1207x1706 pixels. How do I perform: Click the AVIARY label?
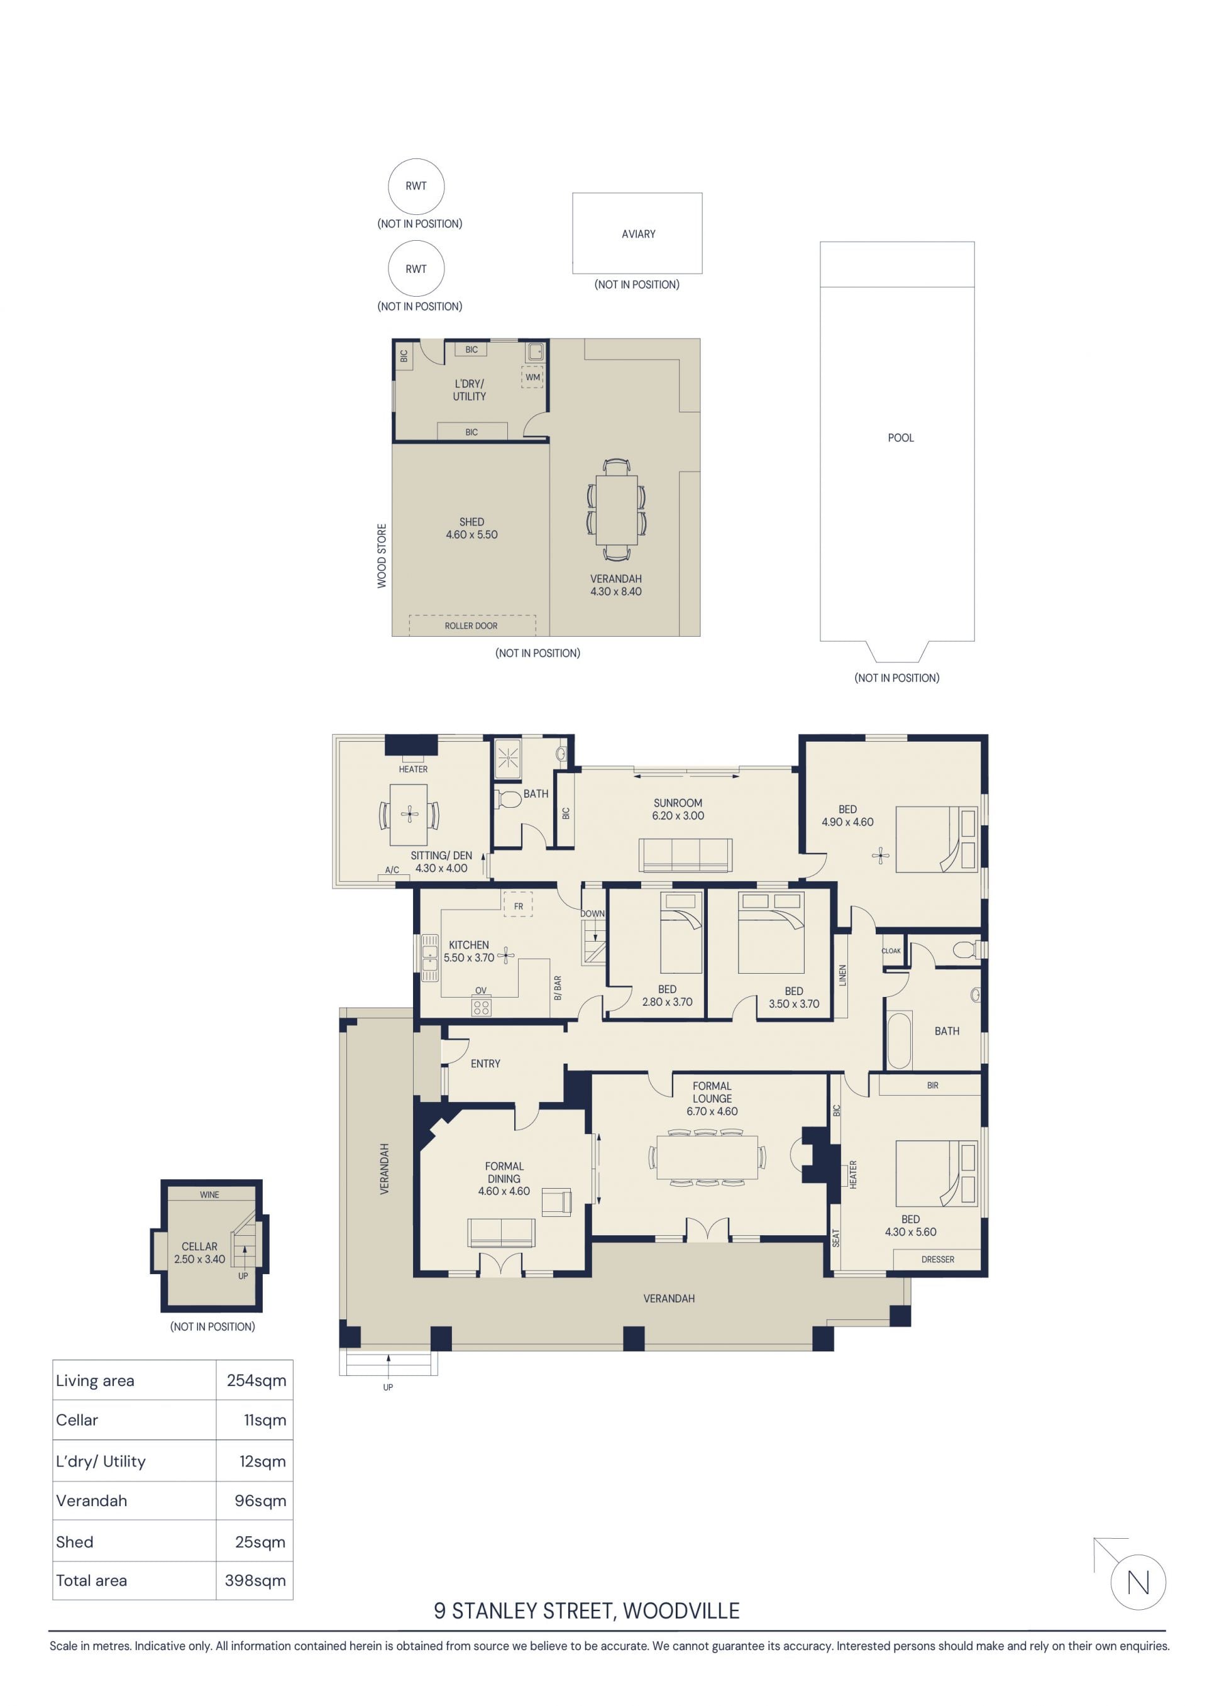coord(639,234)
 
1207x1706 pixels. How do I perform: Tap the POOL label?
coord(901,438)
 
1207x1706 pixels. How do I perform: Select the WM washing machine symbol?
coord(533,377)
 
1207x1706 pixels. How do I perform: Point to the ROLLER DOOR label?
coord(471,625)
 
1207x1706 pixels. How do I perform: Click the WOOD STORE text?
coord(382,556)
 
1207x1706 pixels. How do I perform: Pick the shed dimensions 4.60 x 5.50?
coord(472,535)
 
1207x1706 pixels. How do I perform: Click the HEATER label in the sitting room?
coord(413,769)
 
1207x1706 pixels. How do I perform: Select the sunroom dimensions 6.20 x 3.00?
coord(678,816)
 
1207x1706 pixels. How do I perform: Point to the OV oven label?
coord(481,991)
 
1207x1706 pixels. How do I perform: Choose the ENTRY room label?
coord(485,1064)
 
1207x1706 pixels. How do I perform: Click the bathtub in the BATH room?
coord(900,1040)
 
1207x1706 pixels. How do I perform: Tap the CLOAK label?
coord(891,951)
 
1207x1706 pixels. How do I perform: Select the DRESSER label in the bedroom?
coord(938,1260)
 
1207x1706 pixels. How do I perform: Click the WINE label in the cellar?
coord(209,1195)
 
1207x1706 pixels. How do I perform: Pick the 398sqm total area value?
coord(255,1580)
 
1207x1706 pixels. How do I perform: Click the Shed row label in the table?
coord(74,1542)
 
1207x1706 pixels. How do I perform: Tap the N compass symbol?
coord(1138,1582)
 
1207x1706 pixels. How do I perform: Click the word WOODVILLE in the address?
coord(681,1611)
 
